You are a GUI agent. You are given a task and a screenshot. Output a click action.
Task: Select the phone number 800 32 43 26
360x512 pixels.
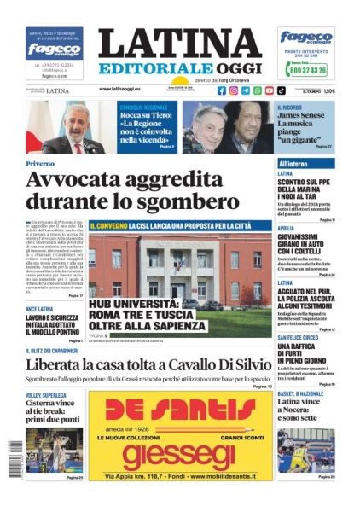point(307,71)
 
